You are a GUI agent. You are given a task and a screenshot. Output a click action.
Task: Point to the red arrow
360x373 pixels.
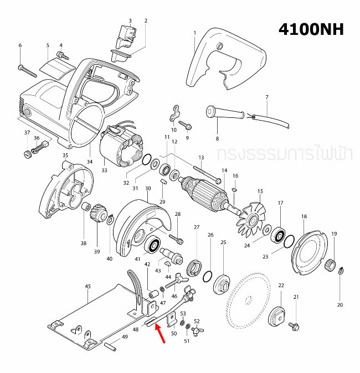point(160,333)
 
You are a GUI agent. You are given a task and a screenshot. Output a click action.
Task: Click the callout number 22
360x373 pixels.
point(281,285)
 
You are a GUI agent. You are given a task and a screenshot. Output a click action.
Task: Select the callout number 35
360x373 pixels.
point(65,156)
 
